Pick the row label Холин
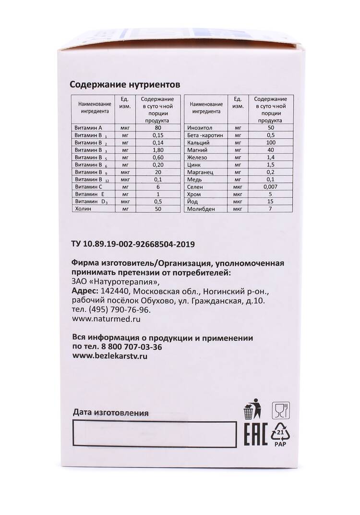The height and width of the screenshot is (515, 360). (x=83, y=209)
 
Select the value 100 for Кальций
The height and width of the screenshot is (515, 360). (x=271, y=144)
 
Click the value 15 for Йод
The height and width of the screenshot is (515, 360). (x=271, y=201)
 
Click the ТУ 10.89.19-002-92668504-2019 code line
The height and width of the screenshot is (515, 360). (x=132, y=245)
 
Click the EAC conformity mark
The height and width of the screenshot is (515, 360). (x=253, y=435)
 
